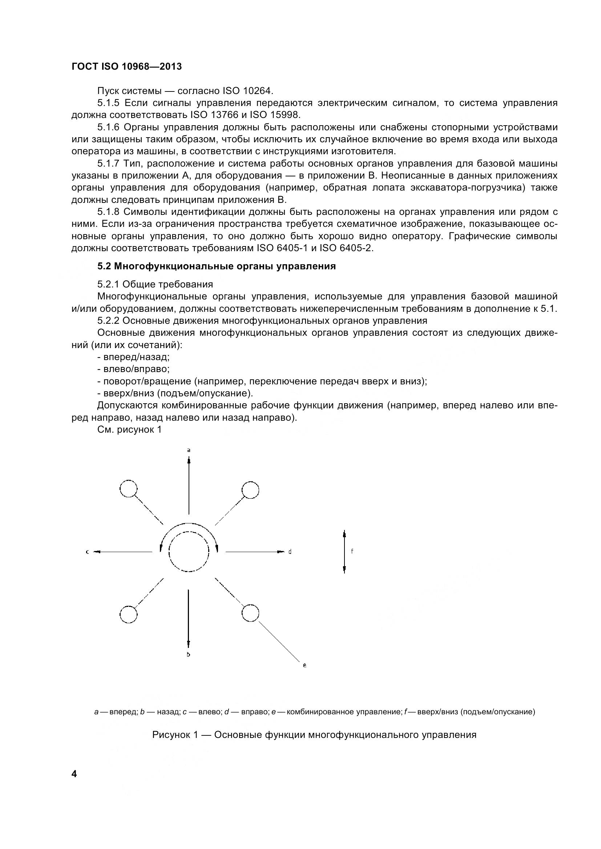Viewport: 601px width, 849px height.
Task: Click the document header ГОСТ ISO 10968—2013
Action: pyautogui.click(x=126, y=66)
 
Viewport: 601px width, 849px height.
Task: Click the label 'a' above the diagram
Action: pyautogui.click(x=189, y=450)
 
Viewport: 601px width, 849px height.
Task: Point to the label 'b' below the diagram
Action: pyautogui.click(x=188, y=655)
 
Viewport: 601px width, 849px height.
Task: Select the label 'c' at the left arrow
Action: pyautogui.click(x=87, y=552)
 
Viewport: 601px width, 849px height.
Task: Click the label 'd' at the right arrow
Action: pyautogui.click(x=290, y=552)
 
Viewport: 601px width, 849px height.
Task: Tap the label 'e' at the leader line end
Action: pyautogui.click(x=304, y=666)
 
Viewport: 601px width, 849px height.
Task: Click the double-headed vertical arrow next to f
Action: pyautogui.click(x=344, y=551)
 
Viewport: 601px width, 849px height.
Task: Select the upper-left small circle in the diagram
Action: pyautogui.click(x=128, y=489)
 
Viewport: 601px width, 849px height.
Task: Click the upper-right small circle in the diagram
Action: pyautogui.click(x=250, y=490)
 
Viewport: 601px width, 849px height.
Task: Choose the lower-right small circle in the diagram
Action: pyautogui.click(x=250, y=613)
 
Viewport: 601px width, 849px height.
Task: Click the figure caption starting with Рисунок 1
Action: pyautogui.click(x=314, y=735)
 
